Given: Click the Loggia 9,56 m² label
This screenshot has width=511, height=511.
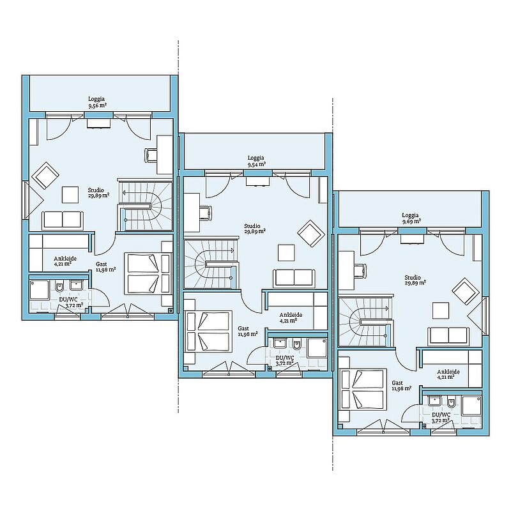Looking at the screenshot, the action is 96,102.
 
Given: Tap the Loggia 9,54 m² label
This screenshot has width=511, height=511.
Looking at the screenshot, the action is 256,161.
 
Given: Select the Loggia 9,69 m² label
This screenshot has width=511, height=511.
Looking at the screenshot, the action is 411,218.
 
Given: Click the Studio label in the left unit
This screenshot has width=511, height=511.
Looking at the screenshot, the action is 96,190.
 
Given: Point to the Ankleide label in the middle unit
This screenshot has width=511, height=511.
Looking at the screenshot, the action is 291,315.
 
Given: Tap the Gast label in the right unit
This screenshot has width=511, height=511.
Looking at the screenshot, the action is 397,383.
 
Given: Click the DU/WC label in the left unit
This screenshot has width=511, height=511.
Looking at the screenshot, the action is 68,299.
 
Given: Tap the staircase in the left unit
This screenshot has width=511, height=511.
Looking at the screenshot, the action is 145,205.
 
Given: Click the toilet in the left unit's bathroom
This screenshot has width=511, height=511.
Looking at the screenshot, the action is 59,286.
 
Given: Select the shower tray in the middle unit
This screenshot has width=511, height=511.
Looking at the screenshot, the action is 317,347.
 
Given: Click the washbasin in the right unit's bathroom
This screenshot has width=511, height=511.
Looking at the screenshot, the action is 435,400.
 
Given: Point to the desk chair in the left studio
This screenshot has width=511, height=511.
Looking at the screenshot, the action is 151,155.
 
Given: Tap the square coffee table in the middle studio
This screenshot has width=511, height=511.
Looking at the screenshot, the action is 286,253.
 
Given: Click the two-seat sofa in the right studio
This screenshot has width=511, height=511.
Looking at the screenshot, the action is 448,336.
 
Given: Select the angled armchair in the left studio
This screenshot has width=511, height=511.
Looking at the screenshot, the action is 45,175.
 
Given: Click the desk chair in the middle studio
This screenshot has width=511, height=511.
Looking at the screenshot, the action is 206,212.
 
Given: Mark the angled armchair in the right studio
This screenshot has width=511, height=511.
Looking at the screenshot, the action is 466,291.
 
